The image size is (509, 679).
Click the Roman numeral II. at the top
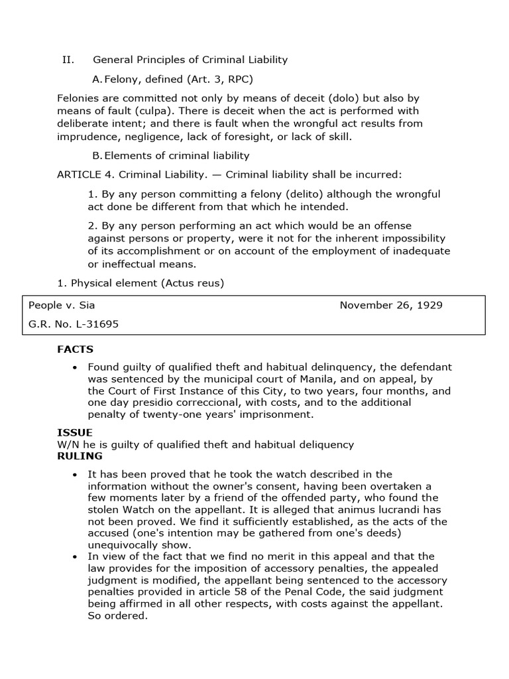(x=68, y=60)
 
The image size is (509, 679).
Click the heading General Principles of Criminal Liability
(x=190, y=60)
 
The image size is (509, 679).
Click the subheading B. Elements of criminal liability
(x=171, y=156)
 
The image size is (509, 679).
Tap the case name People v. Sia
(x=66, y=305)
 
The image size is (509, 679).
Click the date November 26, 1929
(x=391, y=305)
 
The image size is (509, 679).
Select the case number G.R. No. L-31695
(x=74, y=324)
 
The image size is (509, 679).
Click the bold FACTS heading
(x=76, y=349)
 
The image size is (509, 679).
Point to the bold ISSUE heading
(x=74, y=432)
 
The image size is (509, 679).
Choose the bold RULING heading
(x=80, y=456)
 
